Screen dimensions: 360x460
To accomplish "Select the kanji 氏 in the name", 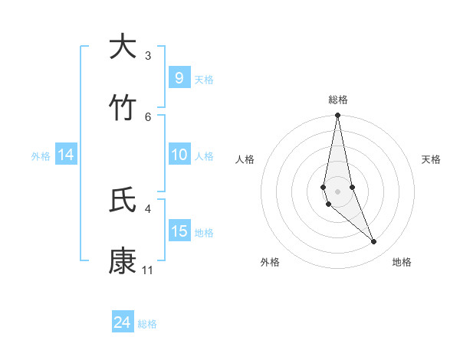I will [123, 201].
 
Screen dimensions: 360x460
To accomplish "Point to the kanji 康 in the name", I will [123, 261].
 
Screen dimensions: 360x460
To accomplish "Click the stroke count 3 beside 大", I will [148, 56].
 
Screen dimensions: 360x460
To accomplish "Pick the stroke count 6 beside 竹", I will [148, 116].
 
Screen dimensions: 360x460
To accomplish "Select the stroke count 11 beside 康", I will [148, 270].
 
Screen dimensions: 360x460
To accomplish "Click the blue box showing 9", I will [179, 77].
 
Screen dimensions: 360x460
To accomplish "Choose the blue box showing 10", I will [179, 155].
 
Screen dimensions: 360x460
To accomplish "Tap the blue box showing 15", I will [179, 231].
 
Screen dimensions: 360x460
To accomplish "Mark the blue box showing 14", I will [66, 155].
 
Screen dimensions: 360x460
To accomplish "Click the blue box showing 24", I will [122, 322].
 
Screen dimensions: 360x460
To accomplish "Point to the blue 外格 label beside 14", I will [41, 155].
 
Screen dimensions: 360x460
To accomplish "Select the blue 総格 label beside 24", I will [147, 324].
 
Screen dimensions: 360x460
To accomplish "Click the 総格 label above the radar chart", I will [338, 100].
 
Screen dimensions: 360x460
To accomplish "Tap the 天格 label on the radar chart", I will [432, 159].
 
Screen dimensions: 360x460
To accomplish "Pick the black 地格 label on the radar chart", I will [402, 263].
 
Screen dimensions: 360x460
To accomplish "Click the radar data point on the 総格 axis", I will [337, 116].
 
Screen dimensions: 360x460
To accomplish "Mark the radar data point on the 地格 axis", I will [374, 242].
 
